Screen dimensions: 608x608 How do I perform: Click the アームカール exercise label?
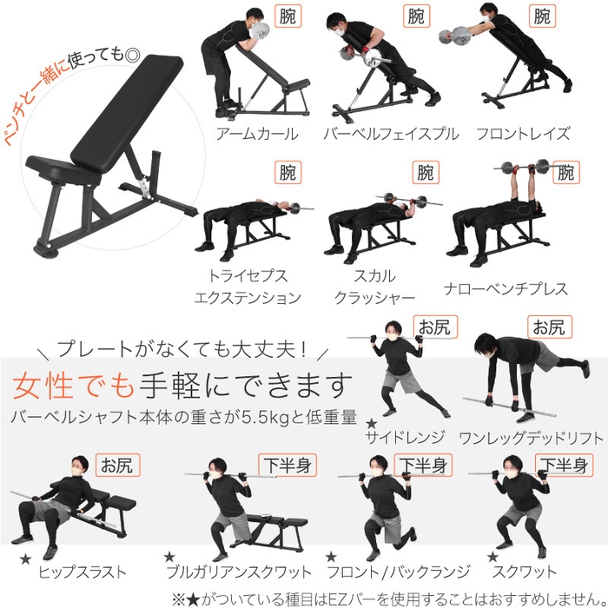click(x=258, y=135)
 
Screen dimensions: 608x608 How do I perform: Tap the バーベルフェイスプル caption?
click(x=390, y=135)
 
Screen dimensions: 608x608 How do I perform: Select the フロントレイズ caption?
click(x=523, y=135)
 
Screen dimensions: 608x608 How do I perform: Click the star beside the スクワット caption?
click(x=492, y=557)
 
